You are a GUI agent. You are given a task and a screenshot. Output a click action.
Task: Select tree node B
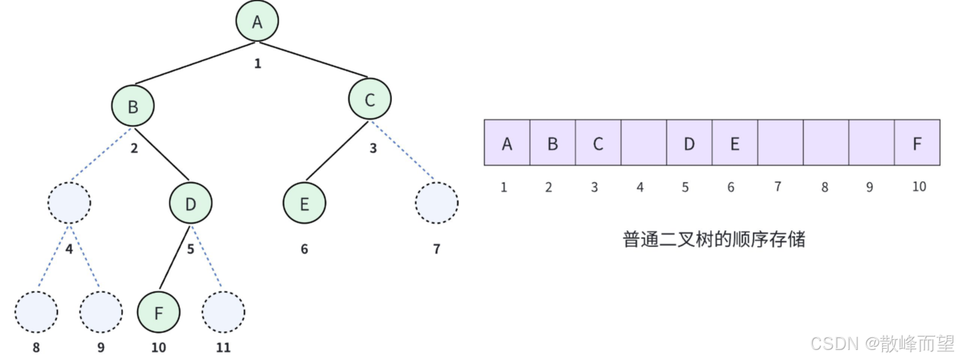pos(133,106)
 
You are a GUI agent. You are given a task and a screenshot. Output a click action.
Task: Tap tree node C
pos(370,99)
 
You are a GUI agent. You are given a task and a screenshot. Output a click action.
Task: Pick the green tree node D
pos(191,203)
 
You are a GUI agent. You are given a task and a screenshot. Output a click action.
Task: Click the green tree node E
pos(304,204)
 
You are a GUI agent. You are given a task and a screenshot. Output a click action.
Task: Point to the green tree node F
pos(159,312)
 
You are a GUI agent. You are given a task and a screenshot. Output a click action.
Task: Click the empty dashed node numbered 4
pos(70,203)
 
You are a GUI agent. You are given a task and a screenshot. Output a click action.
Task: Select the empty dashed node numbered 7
pos(436,203)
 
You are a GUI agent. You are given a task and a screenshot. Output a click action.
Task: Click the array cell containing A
pos(507,143)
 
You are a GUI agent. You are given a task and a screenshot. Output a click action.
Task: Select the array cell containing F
pos(917,143)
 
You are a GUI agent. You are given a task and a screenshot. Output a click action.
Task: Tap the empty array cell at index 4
pos(643,143)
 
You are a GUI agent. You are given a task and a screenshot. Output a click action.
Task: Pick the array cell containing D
pos(689,143)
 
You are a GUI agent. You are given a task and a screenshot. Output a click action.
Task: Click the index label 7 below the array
pos(778,186)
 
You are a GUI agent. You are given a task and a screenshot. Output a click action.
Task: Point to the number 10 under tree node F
pos(159,347)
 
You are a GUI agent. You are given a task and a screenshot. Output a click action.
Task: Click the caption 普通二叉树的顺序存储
pos(714,240)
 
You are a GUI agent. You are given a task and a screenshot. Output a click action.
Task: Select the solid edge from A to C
pos(314,62)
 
